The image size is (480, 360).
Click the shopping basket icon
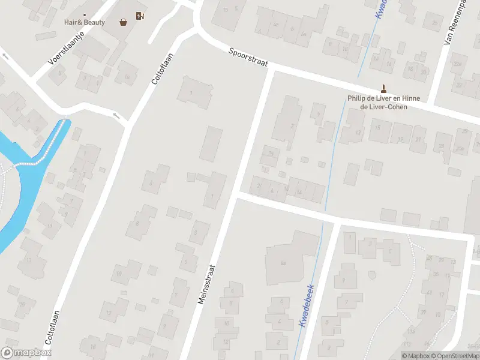point(124,22)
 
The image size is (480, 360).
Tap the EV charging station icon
point(140,16)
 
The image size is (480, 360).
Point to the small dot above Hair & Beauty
point(85,15)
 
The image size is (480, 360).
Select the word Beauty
point(94,23)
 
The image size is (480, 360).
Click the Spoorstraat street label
point(248,58)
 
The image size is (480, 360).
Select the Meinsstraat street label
point(208,282)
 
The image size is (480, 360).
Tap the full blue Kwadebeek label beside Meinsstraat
point(305,305)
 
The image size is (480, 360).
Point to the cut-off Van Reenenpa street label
point(456,24)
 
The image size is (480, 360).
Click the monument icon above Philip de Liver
point(383,88)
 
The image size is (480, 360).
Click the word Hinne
point(411,99)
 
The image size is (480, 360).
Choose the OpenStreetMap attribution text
point(454,356)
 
